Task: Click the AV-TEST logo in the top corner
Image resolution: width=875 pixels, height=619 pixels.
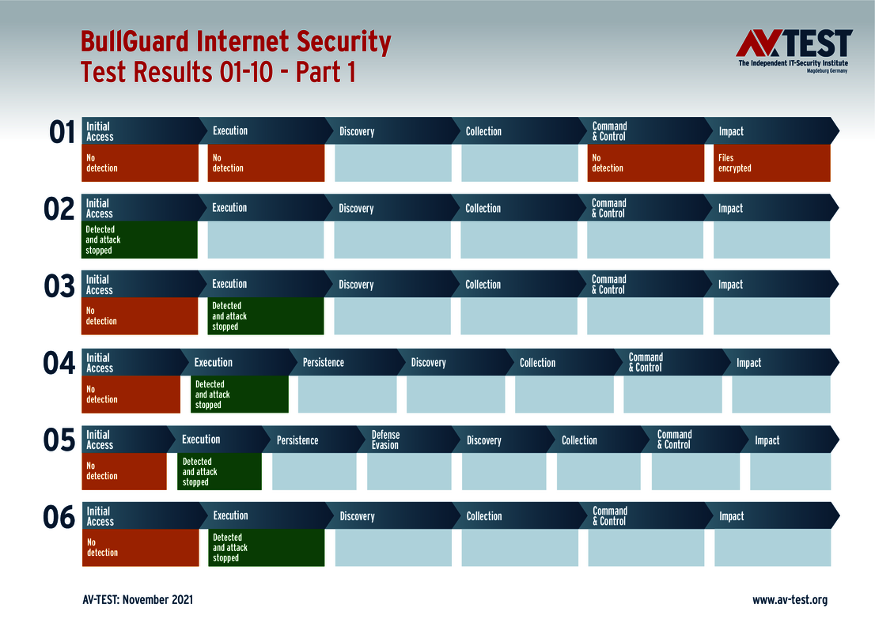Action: coord(794,51)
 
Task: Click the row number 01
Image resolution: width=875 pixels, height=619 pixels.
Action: coord(62,132)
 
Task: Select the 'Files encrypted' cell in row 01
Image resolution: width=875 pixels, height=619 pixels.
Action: coord(771,163)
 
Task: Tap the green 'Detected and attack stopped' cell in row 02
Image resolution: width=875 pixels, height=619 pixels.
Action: coord(139,240)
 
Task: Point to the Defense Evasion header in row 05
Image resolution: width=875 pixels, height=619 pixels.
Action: coord(386,440)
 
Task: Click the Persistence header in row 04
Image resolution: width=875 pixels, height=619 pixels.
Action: coord(324,362)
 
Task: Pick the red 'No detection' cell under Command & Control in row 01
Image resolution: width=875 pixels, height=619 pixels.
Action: coord(646,163)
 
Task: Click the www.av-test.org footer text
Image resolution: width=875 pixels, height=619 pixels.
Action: coord(789,600)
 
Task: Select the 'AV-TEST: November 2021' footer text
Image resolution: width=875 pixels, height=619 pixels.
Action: coord(137,600)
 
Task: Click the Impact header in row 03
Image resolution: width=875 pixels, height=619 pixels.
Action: coord(730,285)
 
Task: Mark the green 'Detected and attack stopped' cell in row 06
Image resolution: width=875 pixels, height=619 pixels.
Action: coord(266,547)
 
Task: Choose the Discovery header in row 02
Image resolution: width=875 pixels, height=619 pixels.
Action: coord(356,208)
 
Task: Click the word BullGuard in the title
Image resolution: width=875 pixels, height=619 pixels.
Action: coord(135,42)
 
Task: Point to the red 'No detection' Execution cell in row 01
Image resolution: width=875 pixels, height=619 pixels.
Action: coord(266,163)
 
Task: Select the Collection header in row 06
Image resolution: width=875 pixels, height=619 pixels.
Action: coord(484,516)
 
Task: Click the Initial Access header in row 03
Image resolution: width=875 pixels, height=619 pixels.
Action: coord(100,285)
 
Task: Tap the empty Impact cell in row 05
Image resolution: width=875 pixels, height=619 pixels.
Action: coord(790,471)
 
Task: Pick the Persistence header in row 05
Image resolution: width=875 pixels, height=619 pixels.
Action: coord(297,440)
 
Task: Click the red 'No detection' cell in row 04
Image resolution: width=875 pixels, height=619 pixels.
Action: coord(131,394)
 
